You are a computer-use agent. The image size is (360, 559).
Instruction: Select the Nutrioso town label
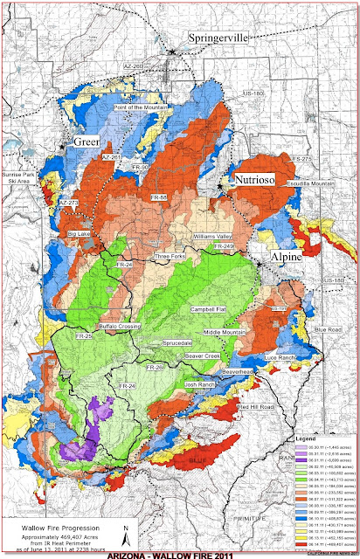(x=257, y=179)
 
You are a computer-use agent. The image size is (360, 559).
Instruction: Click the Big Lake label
(x=80, y=235)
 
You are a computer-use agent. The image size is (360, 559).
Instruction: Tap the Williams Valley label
(x=214, y=237)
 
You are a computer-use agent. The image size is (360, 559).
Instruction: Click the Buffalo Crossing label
(x=119, y=326)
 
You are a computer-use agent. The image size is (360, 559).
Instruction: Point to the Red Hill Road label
(x=255, y=407)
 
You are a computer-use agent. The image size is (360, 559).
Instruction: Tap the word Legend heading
(x=307, y=436)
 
